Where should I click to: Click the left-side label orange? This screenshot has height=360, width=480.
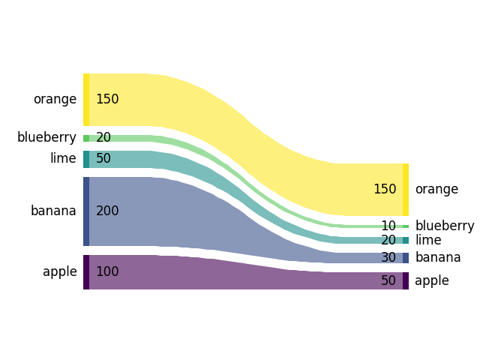[x=55, y=99]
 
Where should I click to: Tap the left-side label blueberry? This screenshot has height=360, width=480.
[x=46, y=137]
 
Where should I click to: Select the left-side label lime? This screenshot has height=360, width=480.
[x=63, y=158]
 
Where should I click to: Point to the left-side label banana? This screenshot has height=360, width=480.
[x=53, y=211]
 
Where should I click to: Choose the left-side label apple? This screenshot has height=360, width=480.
[x=60, y=271]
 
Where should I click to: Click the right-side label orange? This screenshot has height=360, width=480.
[x=436, y=189]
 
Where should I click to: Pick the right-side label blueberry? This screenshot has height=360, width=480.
[x=445, y=226]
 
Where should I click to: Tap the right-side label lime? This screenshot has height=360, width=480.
[x=427, y=240]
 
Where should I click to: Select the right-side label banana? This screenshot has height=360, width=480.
[x=438, y=257]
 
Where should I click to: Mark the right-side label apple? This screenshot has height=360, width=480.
[x=432, y=280]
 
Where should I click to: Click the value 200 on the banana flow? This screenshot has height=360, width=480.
[x=107, y=211]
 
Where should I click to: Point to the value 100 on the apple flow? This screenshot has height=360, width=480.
[x=107, y=271]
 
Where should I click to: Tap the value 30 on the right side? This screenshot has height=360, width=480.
[x=388, y=257]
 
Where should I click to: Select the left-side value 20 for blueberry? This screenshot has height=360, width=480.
[x=103, y=137]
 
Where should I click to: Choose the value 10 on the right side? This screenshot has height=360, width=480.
[x=388, y=226]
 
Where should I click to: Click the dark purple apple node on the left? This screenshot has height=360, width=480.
[x=86, y=271]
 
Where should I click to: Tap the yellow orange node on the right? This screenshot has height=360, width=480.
[x=406, y=189]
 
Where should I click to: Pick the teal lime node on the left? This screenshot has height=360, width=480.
[x=86, y=159]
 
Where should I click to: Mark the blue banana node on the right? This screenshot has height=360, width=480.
[x=406, y=257]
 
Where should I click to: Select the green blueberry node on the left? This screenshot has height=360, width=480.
[x=86, y=138]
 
